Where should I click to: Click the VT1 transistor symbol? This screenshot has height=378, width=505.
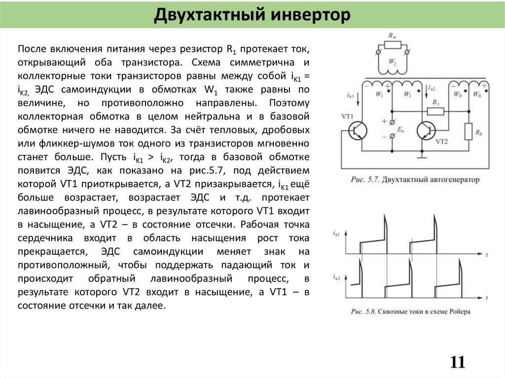click(357, 131)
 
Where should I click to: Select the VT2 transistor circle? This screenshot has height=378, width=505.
click(425, 131)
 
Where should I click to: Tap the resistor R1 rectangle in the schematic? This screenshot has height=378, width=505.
click(435, 111)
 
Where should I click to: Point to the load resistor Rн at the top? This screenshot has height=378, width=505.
click(393, 45)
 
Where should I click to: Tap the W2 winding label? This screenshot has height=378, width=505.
click(393, 63)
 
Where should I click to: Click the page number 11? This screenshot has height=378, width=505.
click(457, 362)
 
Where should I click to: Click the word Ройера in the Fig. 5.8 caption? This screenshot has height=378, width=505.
click(458, 311)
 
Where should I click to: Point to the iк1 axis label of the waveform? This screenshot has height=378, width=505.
click(336, 233)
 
